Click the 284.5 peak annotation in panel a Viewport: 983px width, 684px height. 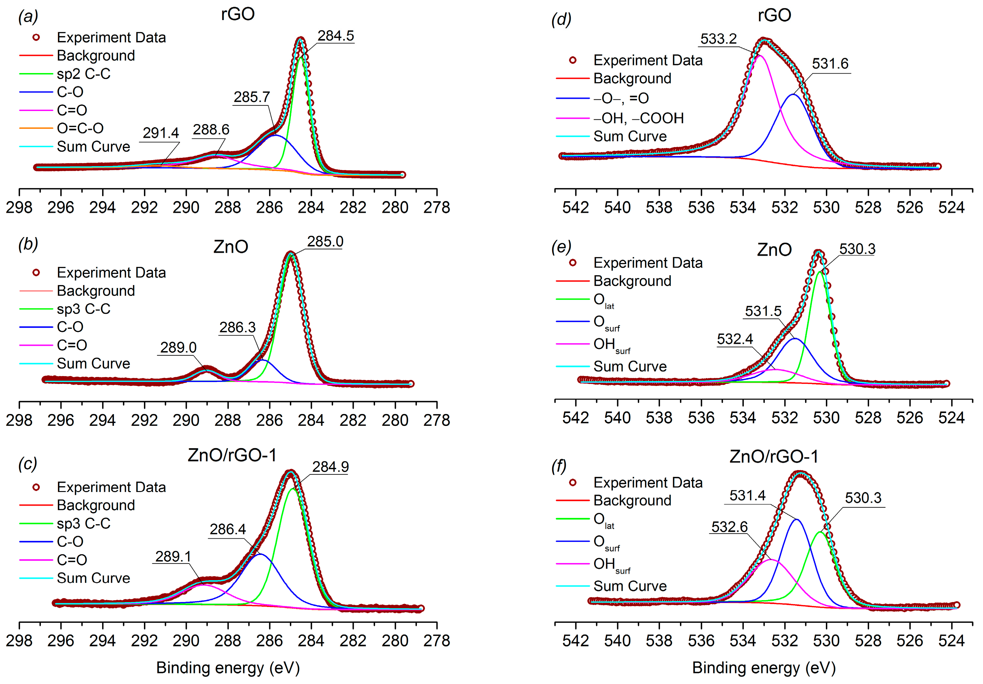(336, 36)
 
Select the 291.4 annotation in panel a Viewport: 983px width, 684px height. (161, 133)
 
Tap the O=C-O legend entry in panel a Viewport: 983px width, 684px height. (80, 128)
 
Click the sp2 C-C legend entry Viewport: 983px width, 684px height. (83, 74)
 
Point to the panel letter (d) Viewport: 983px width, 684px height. (561, 19)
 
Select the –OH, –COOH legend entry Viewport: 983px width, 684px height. (638, 118)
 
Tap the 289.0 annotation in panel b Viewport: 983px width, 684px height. (178, 347)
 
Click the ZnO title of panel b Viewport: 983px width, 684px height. (231, 247)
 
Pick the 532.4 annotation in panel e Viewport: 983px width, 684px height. (735, 339)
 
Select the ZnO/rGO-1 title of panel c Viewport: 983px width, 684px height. (232, 455)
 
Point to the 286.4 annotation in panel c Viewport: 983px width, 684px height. (228, 529)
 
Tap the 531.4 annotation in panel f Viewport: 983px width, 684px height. (747, 495)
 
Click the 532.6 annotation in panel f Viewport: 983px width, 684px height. (729, 527)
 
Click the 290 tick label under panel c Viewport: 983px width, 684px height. (186, 641)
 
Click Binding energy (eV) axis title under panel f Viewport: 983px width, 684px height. (764, 668)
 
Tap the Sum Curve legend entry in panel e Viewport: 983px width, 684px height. (630, 367)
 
